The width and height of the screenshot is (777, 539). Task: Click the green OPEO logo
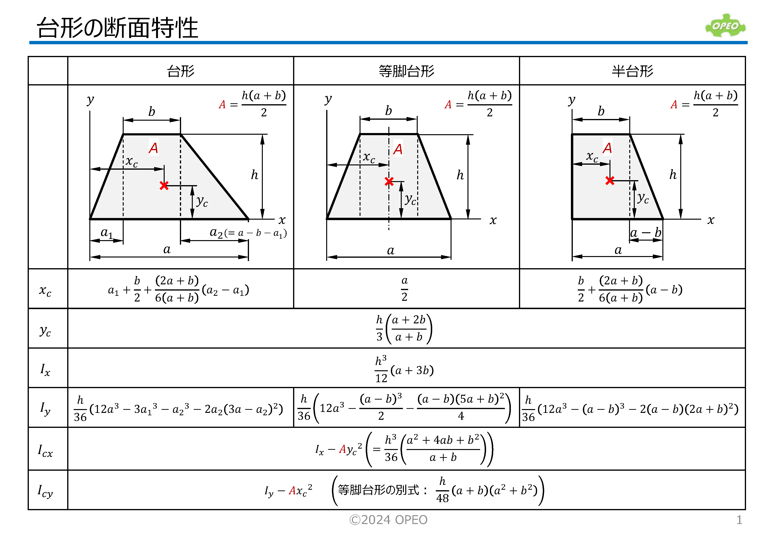(x=725, y=26)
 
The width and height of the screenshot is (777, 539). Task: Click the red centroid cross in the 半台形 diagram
(x=610, y=181)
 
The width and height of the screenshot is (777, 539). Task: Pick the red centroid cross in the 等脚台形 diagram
(x=389, y=181)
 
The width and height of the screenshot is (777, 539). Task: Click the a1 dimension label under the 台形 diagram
(x=107, y=233)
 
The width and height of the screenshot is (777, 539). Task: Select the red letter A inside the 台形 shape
(x=153, y=148)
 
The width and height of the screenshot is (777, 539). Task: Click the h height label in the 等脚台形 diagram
(x=460, y=175)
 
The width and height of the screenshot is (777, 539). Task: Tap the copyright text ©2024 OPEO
(x=388, y=520)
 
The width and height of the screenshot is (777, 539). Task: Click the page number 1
(x=739, y=520)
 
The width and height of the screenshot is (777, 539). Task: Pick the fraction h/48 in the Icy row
(x=442, y=490)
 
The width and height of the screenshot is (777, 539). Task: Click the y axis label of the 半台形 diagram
(x=571, y=100)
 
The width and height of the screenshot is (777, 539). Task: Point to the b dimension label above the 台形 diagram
(x=152, y=111)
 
